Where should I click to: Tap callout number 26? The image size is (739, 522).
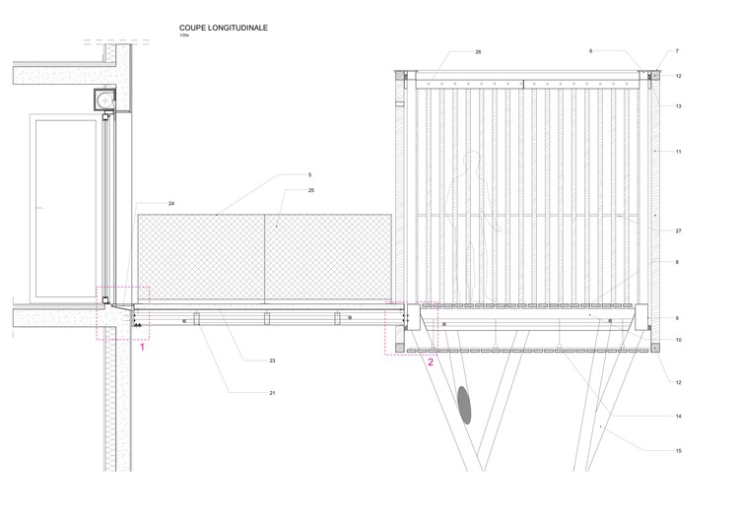(478, 51)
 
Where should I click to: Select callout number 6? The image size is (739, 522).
(591, 51)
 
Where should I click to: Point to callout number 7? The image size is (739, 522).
(678, 51)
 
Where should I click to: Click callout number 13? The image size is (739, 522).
(679, 105)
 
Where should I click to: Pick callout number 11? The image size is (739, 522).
(679, 151)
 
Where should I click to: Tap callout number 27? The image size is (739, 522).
(679, 229)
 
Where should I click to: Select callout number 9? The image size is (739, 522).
(679, 318)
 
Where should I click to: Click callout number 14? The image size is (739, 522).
(679, 417)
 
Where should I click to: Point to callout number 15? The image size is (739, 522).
(679, 450)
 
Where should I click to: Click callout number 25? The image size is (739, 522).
(311, 189)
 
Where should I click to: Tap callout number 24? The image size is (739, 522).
(171, 203)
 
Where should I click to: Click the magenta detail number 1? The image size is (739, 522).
(144, 348)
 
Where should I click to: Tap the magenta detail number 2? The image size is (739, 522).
(430, 361)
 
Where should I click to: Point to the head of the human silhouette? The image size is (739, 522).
(474, 161)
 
